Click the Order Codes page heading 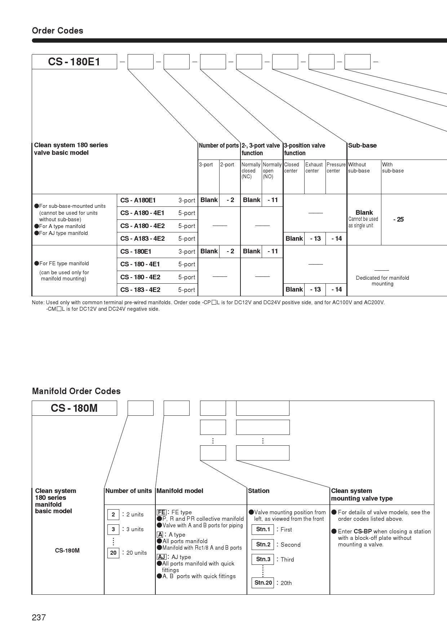(58, 31)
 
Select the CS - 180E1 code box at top (74, 62)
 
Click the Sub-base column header (362, 145)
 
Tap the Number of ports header (219, 145)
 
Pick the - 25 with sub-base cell (398, 219)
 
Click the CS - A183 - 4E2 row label (142, 239)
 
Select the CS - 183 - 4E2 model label (140, 290)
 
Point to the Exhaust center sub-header (314, 167)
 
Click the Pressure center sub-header (336, 167)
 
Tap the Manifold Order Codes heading (76, 391)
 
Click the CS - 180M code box (74, 408)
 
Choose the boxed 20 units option (113, 553)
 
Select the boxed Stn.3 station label (263, 559)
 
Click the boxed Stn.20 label (263, 583)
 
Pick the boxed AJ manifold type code (161, 557)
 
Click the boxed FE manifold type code (161, 512)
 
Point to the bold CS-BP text (363, 532)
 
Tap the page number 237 (39, 617)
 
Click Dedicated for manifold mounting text (382, 281)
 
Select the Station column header (259, 491)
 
